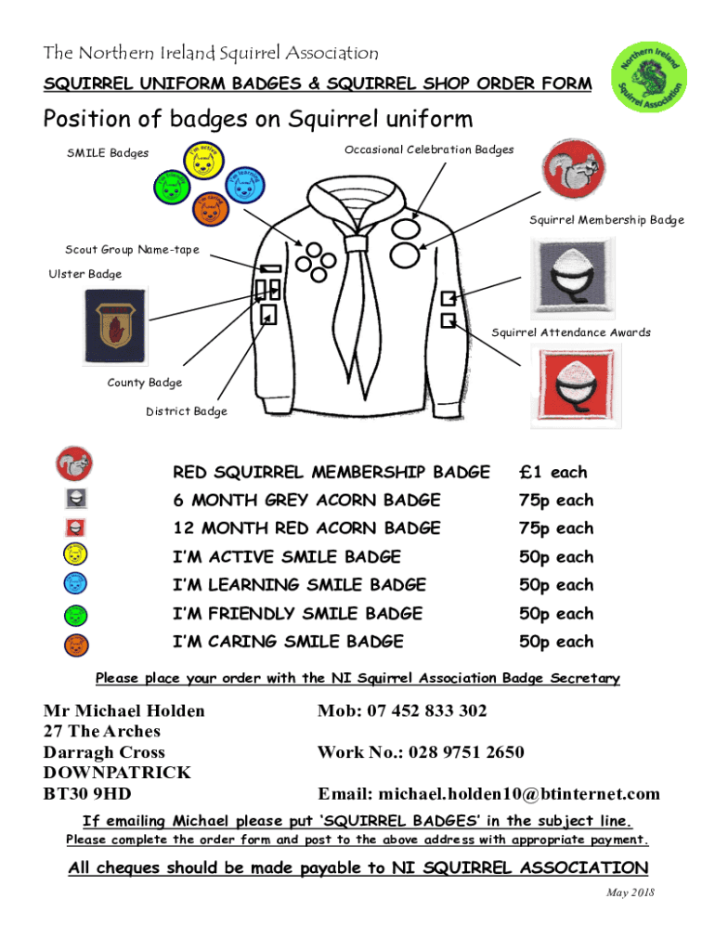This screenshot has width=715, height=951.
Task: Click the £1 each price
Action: click(x=552, y=473)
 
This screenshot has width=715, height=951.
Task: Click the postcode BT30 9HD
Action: click(x=87, y=794)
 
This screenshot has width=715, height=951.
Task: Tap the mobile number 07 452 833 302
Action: click(x=426, y=711)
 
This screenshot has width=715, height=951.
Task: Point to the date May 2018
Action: click(x=630, y=892)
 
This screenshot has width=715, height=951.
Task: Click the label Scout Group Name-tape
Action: click(x=132, y=250)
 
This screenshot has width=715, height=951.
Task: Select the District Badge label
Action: click(x=186, y=411)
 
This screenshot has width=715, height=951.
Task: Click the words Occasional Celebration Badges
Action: click(x=429, y=150)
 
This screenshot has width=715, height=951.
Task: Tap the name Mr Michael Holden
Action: click(x=124, y=711)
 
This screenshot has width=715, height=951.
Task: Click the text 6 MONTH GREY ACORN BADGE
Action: click(x=306, y=501)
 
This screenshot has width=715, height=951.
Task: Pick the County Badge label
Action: click(x=145, y=383)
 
